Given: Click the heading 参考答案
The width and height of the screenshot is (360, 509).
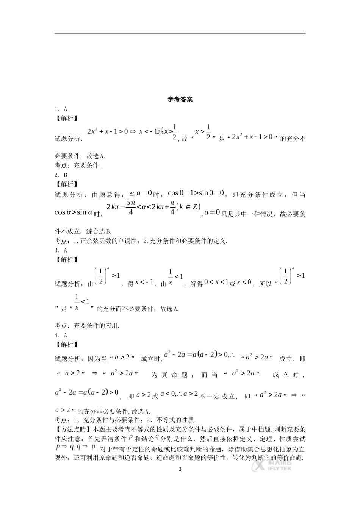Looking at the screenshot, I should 180,100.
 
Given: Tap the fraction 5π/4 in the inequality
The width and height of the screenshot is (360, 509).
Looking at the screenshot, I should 130,208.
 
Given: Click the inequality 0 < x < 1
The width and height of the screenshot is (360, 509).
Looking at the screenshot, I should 216,282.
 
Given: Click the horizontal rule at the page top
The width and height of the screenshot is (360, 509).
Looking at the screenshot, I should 180,33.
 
